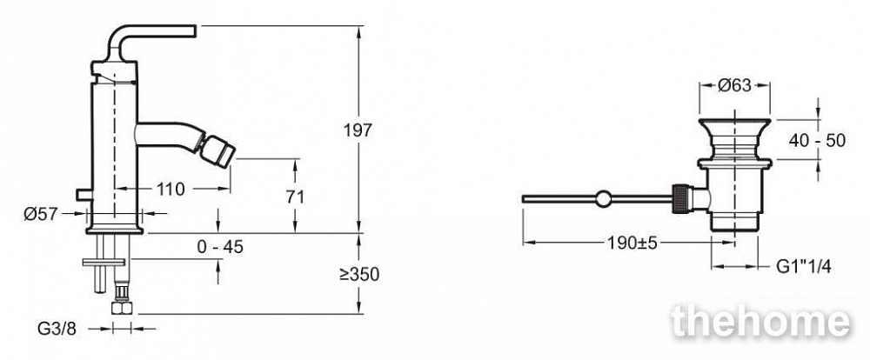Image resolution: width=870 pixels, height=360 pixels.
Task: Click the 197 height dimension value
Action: pos(358,131)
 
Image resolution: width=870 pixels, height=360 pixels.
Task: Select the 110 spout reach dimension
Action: pos(170,190)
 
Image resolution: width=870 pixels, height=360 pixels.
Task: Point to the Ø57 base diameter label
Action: pos(41,213)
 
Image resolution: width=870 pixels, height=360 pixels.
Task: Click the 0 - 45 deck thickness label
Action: pos(220,247)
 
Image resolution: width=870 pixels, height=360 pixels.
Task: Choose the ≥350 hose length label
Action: pos(359,274)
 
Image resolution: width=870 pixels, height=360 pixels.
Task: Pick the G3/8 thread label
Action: pos(57,329)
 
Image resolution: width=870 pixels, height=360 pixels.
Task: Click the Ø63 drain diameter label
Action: pos(734,85)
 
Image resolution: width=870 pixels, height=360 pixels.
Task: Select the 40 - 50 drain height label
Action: pos(817,141)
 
